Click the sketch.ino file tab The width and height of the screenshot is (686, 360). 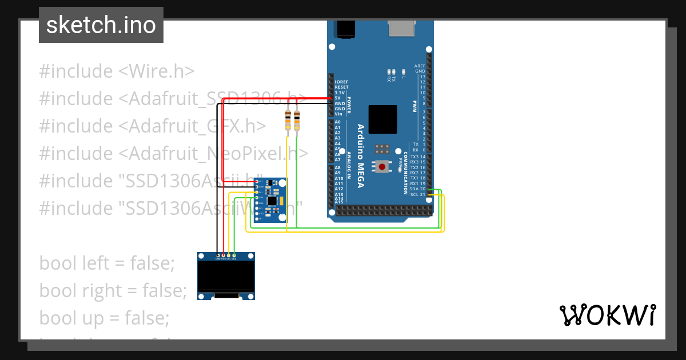[101, 25]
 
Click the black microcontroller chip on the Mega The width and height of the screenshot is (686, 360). [382, 119]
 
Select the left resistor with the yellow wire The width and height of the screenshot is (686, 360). [288, 121]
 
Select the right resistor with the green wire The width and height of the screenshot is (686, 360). [297, 121]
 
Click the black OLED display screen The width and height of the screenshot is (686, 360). [226, 276]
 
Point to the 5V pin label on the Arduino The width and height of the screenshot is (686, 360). [338, 98]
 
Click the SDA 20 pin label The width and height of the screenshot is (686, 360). [418, 189]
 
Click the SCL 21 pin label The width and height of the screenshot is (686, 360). [418, 194]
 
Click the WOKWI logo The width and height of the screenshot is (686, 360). [607, 315]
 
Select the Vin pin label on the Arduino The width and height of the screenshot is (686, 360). [338, 114]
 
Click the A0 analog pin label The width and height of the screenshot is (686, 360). [337, 122]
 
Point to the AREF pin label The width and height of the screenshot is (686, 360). [420, 66]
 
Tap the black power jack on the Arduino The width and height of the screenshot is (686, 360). [345, 29]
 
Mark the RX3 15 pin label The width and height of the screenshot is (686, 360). [418, 162]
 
